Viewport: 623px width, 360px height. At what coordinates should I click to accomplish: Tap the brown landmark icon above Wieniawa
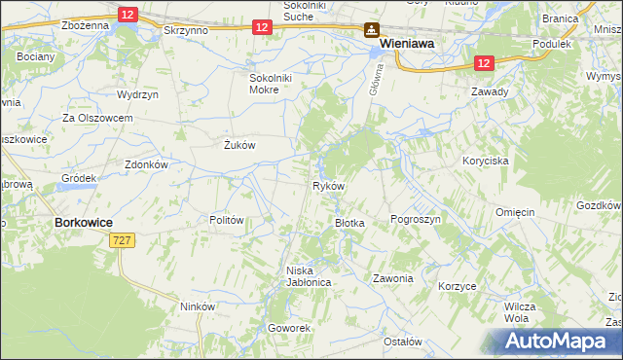372,30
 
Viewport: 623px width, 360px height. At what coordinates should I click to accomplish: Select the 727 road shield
123,239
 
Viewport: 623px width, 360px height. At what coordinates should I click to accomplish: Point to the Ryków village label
326,185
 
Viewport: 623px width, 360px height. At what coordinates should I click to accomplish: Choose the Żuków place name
239,146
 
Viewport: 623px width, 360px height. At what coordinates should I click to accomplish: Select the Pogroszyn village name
416,220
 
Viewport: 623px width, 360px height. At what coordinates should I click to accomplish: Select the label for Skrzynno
188,31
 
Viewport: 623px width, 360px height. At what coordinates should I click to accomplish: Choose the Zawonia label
393,278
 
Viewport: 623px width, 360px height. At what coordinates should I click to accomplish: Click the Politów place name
226,220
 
